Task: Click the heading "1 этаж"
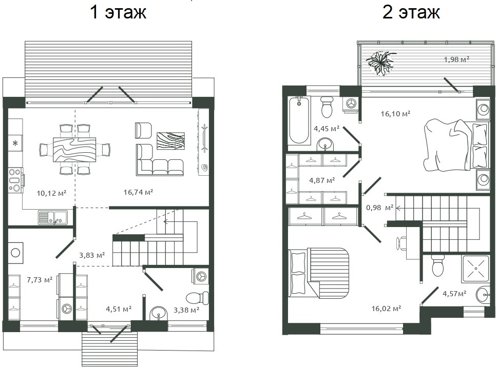[x=118, y=12]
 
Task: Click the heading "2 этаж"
[x=411, y=12]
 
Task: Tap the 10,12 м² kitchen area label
[x=51, y=193]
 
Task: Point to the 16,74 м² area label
[x=138, y=192]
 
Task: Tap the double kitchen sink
[x=52, y=218]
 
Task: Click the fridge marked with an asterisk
[x=15, y=143]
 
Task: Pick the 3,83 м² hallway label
[x=92, y=255]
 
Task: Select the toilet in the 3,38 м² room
[x=197, y=298]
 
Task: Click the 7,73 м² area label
[x=40, y=280]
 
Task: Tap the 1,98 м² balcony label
[x=456, y=60]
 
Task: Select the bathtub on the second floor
[x=299, y=120]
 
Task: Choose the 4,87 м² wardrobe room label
[x=322, y=180]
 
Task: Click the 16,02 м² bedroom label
[x=386, y=309]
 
